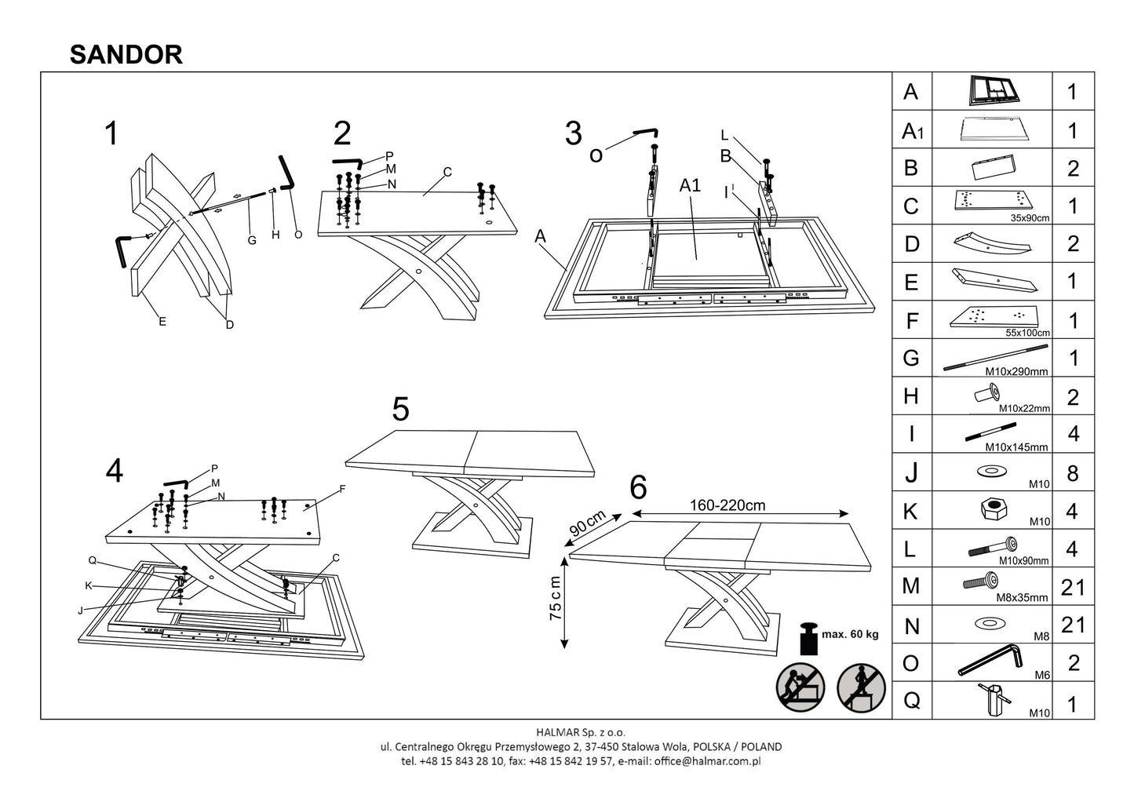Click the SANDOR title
(x=126, y=53)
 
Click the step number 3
(x=574, y=133)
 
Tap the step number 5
(x=400, y=409)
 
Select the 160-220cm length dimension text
(x=727, y=505)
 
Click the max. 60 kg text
(x=850, y=634)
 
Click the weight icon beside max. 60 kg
(x=807, y=638)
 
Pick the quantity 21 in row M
(x=1073, y=586)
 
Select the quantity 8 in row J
(x=1073, y=473)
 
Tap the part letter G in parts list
(x=911, y=359)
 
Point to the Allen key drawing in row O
(x=990, y=661)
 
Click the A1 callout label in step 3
(x=689, y=185)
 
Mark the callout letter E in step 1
(x=162, y=321)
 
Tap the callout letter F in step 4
(x=342, y=488)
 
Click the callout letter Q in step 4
(x=92, y=560)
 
